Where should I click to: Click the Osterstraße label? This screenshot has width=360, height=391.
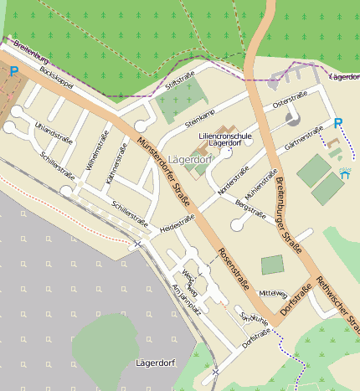tap(289, 103)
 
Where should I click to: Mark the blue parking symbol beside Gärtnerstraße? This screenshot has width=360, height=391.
tap(338, 124)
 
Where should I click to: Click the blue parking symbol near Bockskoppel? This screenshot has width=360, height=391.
tap(13, 72)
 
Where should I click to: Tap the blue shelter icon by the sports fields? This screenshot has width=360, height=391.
tap(344, 174)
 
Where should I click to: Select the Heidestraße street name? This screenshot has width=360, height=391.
tap(177, 223)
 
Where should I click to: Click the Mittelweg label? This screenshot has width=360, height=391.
tap(273, 294)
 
